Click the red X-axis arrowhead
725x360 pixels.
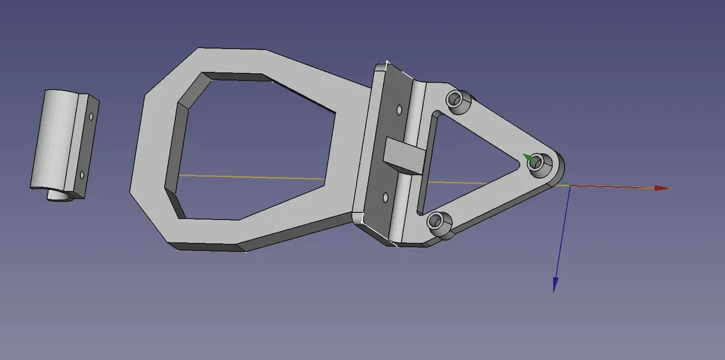[x=663, y=188]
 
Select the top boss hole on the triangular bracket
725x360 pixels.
[x=457, y=100]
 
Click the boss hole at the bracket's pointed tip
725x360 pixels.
[x=537, y=162]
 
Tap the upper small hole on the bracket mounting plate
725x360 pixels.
[x=398, y=108]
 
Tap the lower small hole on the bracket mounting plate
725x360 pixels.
[x=385, y=197]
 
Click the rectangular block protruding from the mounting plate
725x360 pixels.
[x=404, y=156]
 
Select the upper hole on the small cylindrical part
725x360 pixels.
[x=90, y=116]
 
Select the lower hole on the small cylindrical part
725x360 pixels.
[x=82, y=174]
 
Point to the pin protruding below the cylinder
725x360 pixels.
[x=58, y=195]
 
